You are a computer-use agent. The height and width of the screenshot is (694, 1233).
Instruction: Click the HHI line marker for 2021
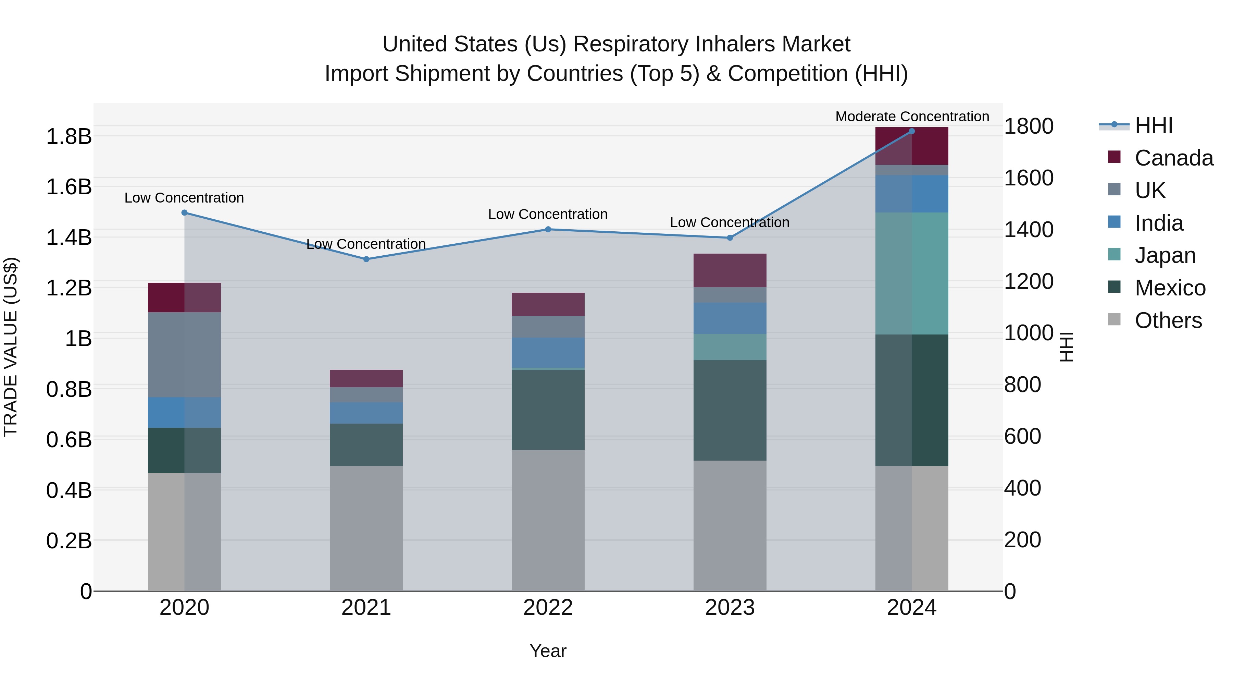(x=366, y=259)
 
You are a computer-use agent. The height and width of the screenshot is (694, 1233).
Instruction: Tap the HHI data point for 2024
(x=912, y=131)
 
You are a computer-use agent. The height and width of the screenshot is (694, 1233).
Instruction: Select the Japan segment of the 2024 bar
(x=912, y=273)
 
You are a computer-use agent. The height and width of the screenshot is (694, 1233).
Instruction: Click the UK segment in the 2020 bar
(x=184, y=354)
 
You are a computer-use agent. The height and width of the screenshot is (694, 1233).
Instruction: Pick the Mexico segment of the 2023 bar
(x=730, y=411)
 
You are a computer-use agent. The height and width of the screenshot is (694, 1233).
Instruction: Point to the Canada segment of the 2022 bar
(x=548, y=304)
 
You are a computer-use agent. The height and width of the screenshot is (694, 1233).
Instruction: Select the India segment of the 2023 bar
(x=730, y=318)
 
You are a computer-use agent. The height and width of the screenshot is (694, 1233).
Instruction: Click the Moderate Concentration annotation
(x=912, y=117)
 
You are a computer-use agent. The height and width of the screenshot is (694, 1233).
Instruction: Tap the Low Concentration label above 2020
(x=184, y=198)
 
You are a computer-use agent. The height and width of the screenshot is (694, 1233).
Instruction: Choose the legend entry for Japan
(x=1164, y=255)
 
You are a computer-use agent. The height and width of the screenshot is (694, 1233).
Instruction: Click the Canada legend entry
(x=1173, y=158)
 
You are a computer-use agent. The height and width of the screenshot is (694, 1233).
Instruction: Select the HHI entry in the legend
(x=1153, y=125)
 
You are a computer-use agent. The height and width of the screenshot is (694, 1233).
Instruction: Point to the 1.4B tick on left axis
(x=69, y=238)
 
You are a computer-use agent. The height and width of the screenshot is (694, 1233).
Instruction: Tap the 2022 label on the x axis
(x=548, y=608)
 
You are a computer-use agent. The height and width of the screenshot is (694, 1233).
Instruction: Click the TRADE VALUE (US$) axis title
(x=11, y=347)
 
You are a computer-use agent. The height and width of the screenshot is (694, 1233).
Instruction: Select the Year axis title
(x=548, y=651)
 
